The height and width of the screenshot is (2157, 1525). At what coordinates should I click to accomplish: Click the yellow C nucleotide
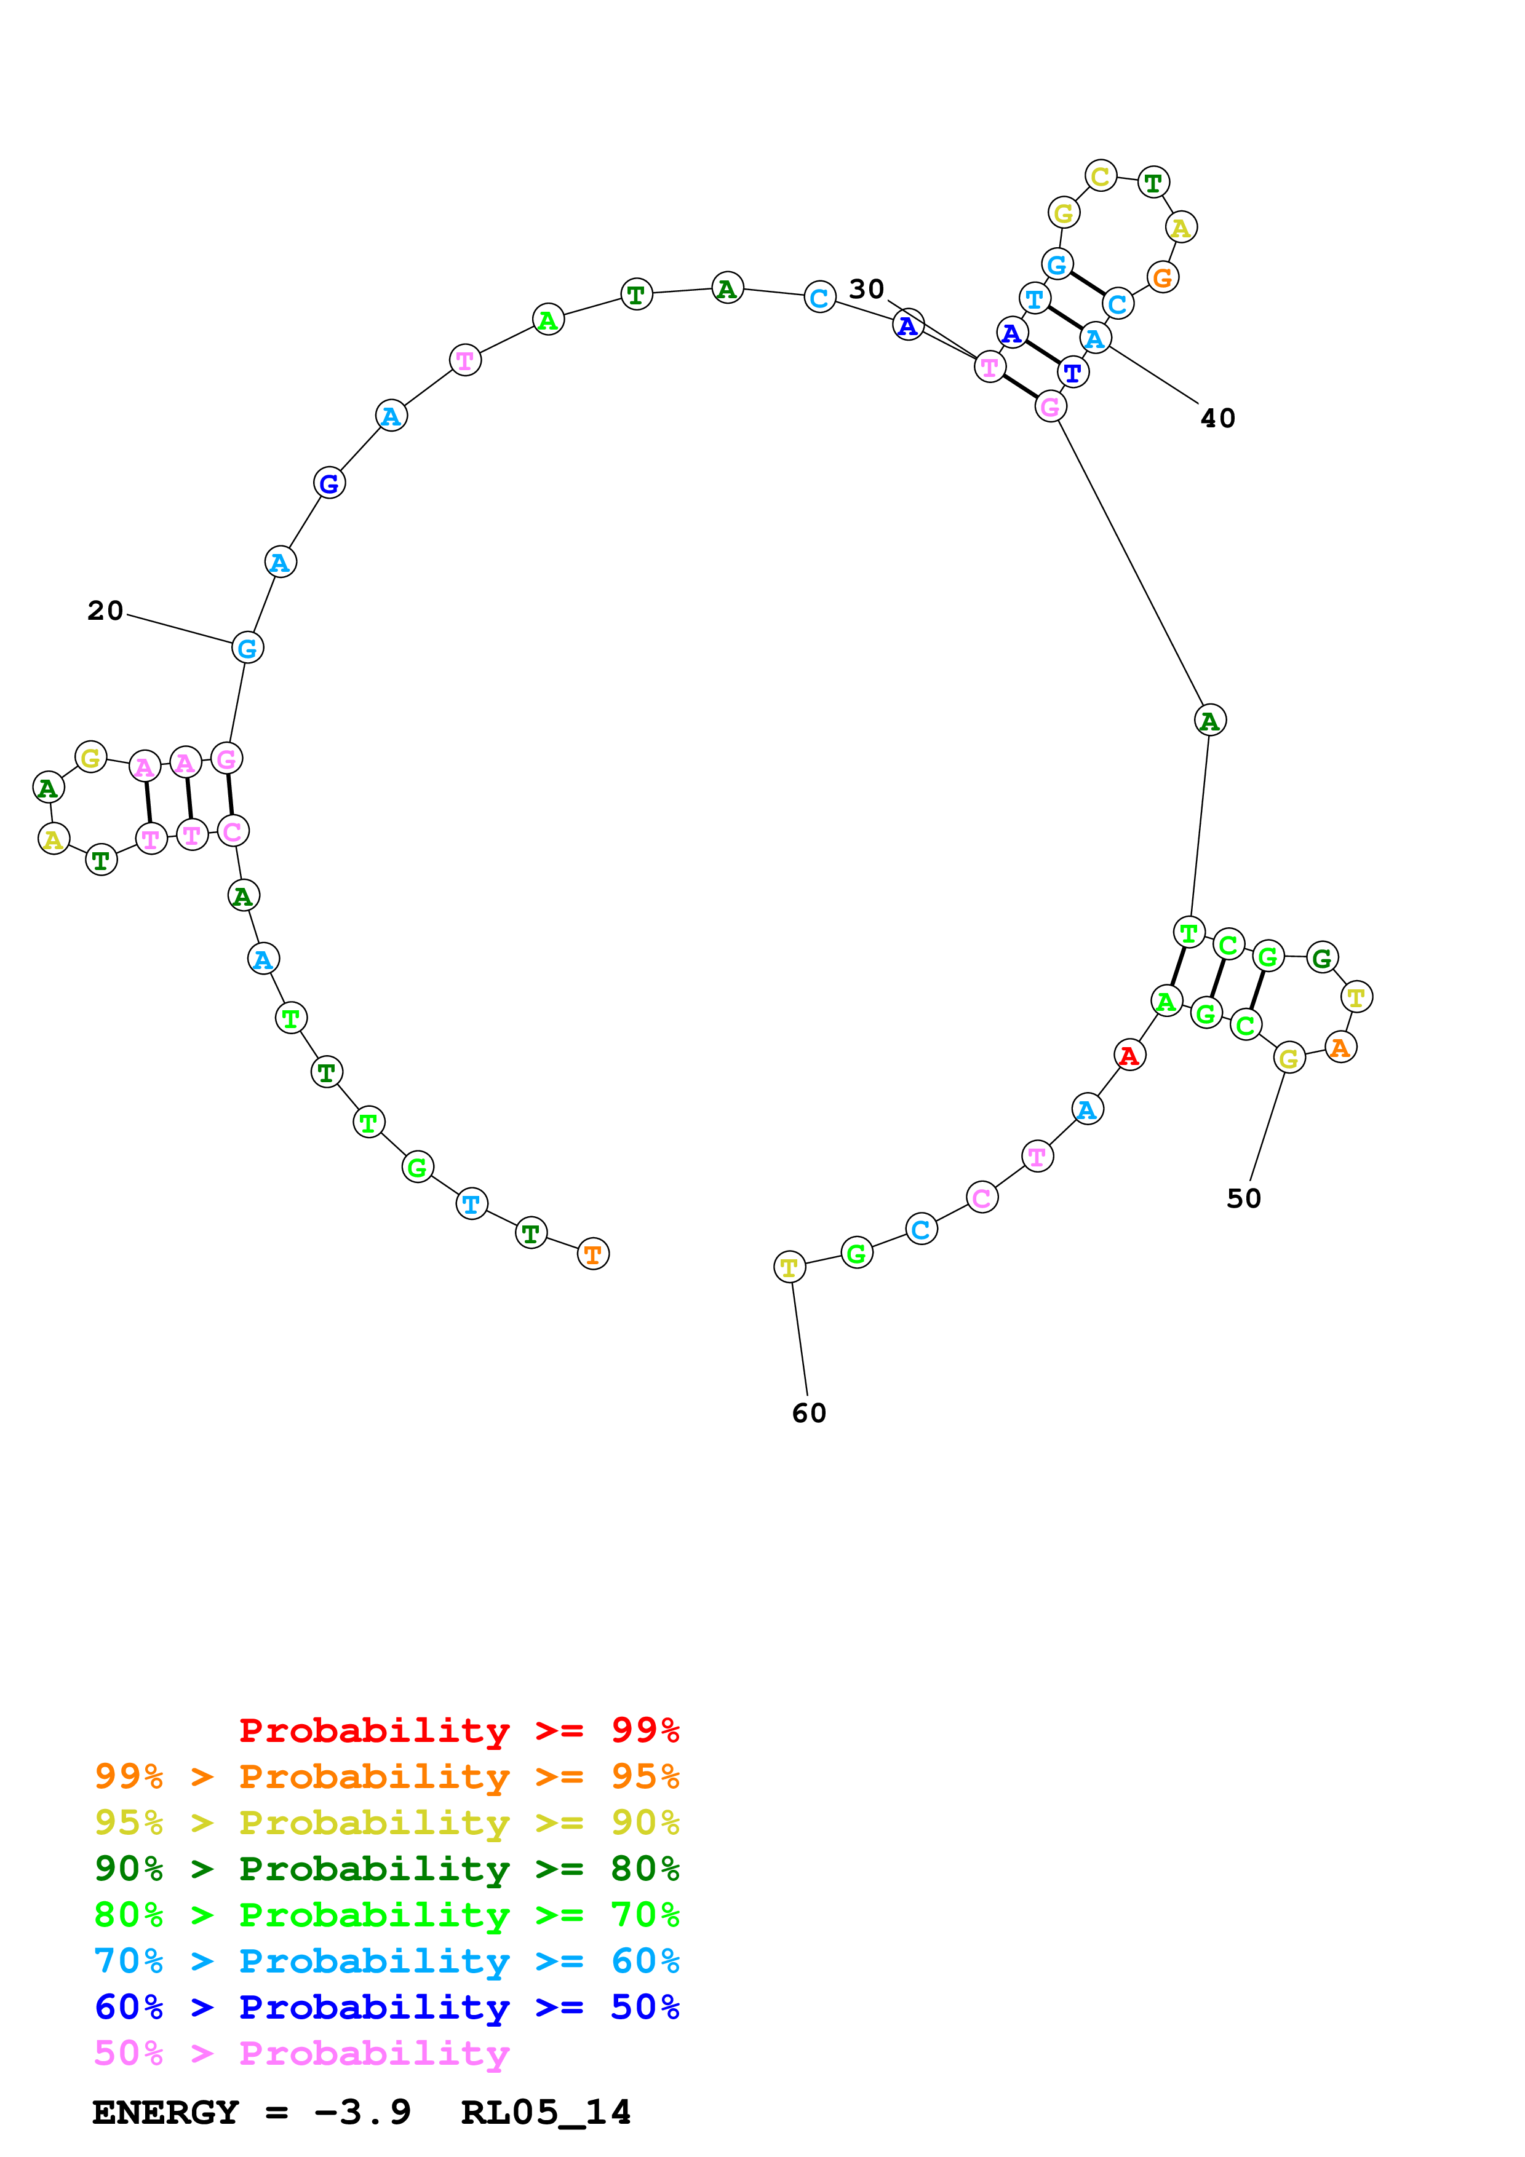tap(1101, 176)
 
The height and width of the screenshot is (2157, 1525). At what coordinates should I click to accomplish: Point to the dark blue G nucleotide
tap(329, 484)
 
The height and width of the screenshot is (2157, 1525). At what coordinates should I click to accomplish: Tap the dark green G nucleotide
tap(1322, 958)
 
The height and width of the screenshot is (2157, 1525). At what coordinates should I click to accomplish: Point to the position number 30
tap(866, 290)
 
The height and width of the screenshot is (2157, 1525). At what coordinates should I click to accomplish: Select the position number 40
tap(1218, 418)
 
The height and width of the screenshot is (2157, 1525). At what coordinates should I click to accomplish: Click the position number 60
tap(809, 1413)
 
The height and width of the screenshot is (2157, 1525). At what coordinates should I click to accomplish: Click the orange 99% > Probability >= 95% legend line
tap(386, 1776)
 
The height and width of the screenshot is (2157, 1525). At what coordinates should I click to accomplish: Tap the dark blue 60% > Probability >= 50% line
tap(386, 2007)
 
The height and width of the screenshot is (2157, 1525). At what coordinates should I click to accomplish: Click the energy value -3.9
tap(362, 2112)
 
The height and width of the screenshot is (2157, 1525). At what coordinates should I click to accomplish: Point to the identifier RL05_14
tap(546, 2112)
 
